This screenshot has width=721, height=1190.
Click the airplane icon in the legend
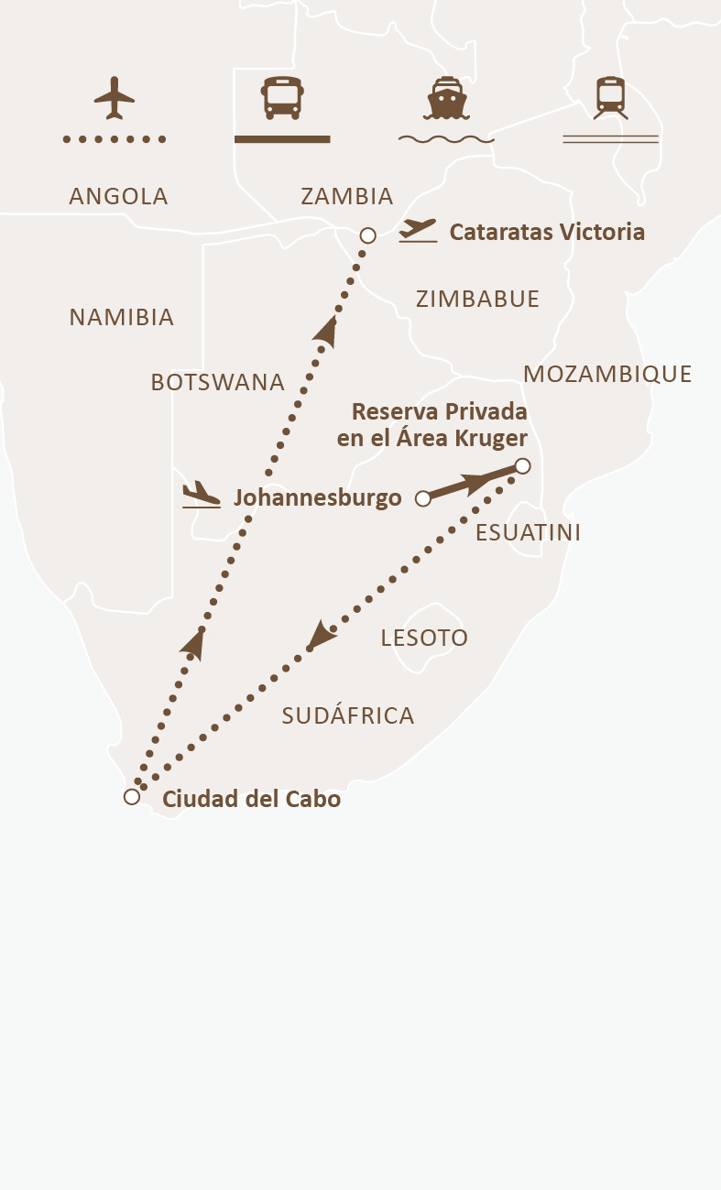click(115, 97)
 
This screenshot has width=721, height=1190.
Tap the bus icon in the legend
click(282, 97)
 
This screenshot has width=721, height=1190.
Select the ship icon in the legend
click(446, 98)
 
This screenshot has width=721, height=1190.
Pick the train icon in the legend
click(610, 97)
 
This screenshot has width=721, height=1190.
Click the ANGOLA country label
click(119, 196)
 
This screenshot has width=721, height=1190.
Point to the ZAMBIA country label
click(347, 196)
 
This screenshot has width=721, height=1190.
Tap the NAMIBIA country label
click(122, 317)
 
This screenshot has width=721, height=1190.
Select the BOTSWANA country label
click(218, 382)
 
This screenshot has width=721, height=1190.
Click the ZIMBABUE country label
click(477, 299)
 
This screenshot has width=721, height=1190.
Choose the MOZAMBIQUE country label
click(607, 374)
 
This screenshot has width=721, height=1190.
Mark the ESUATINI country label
click(529, 533)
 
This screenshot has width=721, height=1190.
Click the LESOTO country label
click(424, 638)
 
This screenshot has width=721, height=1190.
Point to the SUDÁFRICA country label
click(348, 715)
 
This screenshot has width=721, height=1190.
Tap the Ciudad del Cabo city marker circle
click(132, 797)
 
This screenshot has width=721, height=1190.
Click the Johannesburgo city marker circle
click(423, 499)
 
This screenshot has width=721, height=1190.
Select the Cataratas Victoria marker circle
click(367, 235)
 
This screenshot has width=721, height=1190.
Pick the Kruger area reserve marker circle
click(522, 466)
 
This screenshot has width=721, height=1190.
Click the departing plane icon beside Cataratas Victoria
click(418, 230)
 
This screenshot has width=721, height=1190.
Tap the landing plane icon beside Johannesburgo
click(202, 496)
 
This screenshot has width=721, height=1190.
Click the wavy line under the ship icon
click(446, 140)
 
